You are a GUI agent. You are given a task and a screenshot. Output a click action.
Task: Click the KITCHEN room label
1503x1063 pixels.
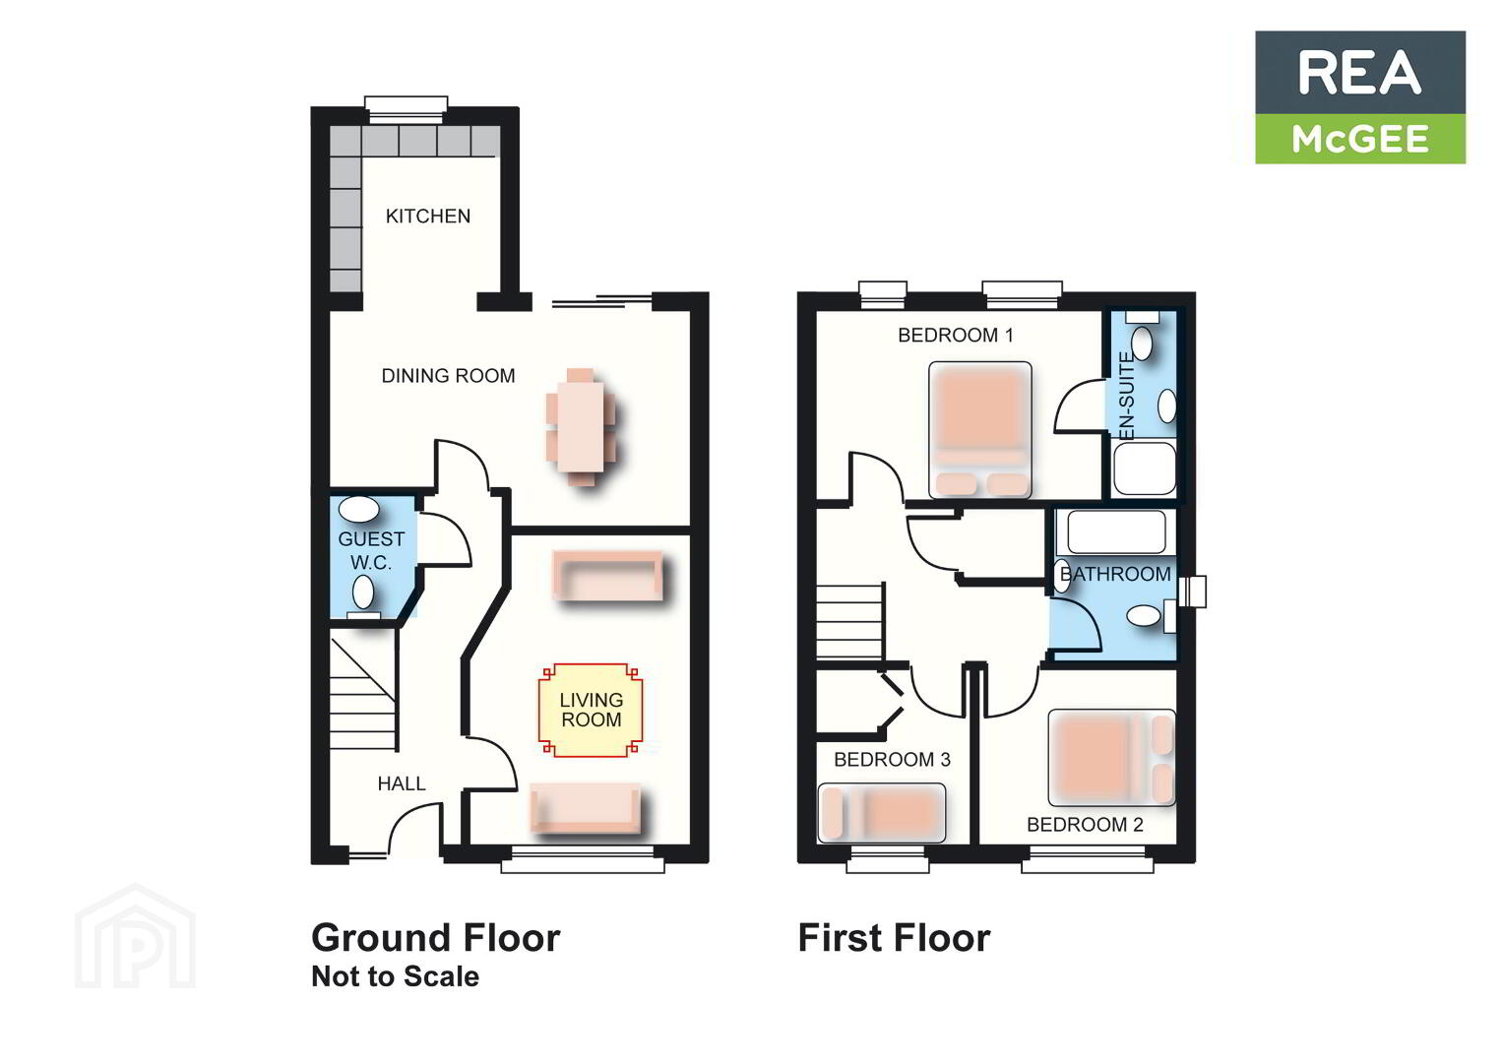coord(427,217)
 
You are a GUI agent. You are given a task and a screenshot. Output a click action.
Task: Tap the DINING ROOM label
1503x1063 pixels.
coord(448,376)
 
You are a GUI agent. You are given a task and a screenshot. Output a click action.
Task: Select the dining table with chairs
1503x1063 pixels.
coord(581,427)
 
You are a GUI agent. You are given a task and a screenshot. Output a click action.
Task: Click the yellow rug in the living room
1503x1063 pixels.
coord(591,710)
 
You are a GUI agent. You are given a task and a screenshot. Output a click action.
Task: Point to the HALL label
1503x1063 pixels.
coord(402,783)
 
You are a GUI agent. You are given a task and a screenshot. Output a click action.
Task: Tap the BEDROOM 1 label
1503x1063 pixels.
coord(956,335)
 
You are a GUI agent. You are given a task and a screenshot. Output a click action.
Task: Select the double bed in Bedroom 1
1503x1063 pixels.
coord(979,429)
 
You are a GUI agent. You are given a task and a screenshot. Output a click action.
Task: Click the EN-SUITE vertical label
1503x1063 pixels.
coord(1127,396)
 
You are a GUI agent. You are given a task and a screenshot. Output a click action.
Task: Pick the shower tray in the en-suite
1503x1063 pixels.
coord(1144,469)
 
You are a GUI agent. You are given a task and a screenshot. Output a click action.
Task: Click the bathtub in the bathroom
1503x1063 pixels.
coord(1115,532)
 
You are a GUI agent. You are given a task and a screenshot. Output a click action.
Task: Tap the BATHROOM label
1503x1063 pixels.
coord(1115,574)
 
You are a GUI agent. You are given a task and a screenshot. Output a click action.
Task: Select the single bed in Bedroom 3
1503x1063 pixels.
coord(882,813)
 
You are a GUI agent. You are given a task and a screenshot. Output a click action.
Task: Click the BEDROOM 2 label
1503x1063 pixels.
coord(1085,824)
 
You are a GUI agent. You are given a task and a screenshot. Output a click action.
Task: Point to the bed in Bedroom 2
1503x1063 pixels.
coord(1112,758)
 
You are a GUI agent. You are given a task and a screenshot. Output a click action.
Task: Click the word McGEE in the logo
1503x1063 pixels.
coord(1360,140)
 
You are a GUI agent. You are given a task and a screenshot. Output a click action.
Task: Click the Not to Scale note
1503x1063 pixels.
coord(396,976)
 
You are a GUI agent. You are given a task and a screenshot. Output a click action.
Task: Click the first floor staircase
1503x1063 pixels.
coord(849,621)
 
